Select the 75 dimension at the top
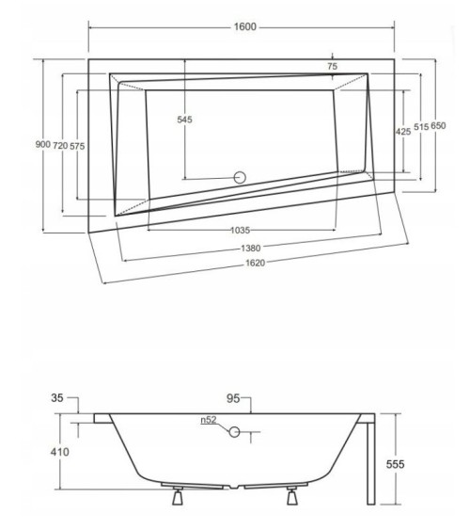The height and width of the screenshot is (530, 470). tap(333, 66)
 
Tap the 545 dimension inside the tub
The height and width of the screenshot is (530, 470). tap(184, 120)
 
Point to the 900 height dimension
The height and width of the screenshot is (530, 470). tap(40, 144)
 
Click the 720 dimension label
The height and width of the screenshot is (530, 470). tap(59, 144)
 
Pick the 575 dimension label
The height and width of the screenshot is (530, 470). tap(77, 144)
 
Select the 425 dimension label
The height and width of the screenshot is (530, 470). tap(402, 132)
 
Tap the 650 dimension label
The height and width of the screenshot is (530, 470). tap(438, 126)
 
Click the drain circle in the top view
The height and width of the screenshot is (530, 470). tap(239, 176)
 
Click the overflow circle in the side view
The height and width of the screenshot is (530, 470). tap(234, 432)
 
